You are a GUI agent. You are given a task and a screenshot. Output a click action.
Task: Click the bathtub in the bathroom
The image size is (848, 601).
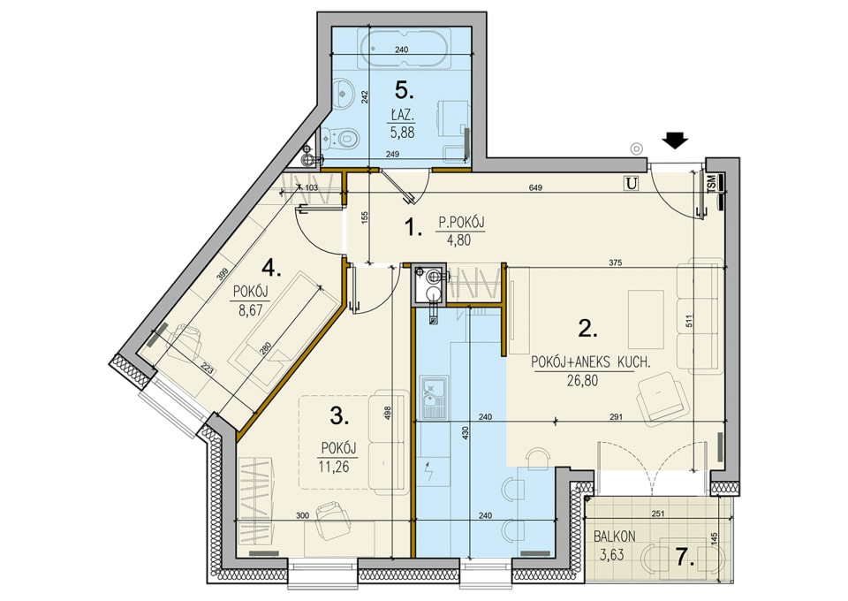point(405,48)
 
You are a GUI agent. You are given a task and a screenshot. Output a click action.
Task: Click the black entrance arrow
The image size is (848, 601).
point(675,141)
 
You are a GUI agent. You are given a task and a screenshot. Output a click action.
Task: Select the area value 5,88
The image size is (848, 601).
point(403,133)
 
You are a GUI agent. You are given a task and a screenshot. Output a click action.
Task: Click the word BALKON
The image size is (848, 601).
point(615,536)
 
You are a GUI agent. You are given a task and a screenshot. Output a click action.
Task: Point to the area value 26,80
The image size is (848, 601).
point(582,381)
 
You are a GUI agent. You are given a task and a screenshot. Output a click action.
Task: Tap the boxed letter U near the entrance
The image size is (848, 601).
point(631,184)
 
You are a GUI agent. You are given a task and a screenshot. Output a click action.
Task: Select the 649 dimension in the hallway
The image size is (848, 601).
point(535,187)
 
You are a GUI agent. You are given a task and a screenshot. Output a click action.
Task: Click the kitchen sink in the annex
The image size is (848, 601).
point(433,398)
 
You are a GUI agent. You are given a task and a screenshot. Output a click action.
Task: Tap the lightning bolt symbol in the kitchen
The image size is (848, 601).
point(429,473)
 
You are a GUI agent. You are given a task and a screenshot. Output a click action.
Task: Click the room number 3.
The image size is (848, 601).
point(339,416)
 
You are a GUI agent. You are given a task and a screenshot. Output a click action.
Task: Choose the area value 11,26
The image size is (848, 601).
point(334,467)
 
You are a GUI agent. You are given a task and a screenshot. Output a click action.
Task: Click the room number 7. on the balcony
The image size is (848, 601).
point(685,557)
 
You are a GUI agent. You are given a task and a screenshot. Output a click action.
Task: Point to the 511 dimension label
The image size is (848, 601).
point(689,322)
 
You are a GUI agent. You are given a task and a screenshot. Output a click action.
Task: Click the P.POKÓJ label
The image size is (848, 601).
point(461,223)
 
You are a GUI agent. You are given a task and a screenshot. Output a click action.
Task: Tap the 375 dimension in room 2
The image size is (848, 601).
point(616,262)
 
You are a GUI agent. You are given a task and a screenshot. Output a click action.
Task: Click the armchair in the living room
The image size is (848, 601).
point(662,398)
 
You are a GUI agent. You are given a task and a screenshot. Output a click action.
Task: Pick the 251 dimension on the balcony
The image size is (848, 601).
point(657,514)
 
